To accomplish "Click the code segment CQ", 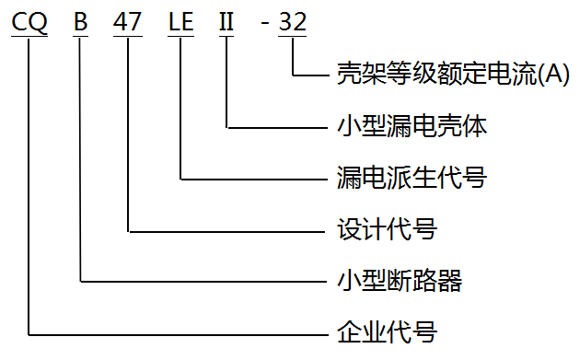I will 29,22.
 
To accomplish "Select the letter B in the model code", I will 81,22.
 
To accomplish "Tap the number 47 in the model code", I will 128,22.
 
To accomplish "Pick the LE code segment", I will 180,22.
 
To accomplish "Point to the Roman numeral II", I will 226,22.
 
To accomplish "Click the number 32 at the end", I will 292,22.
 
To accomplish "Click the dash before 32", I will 265,24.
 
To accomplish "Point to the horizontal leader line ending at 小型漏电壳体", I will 277,127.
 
